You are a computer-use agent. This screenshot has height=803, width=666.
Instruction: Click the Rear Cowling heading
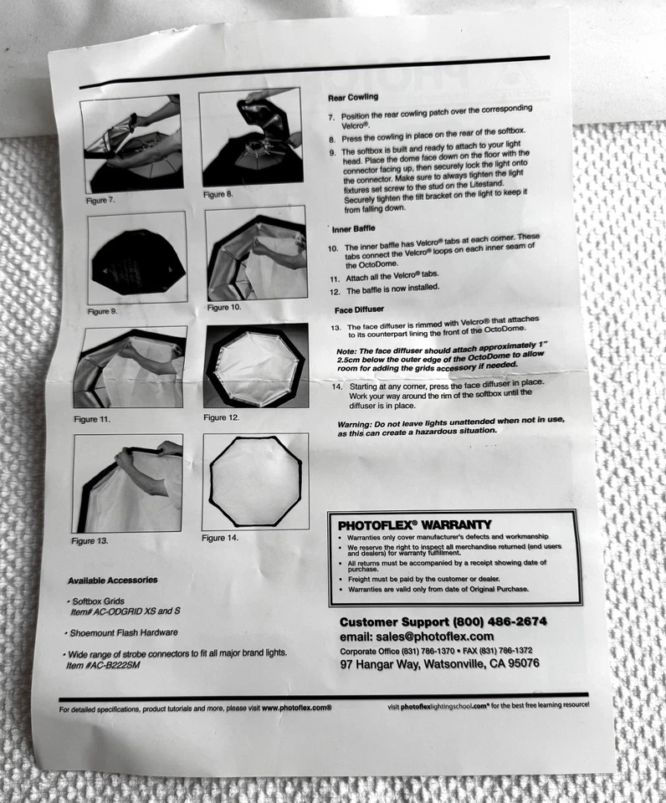click(352, 97)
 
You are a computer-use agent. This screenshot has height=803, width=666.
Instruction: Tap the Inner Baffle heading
click(355, 229)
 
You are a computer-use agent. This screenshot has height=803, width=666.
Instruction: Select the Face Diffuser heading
click(359, 309)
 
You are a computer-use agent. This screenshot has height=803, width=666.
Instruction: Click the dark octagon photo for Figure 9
click(136, 258)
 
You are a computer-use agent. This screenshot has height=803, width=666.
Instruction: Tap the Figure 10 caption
click(223, 308)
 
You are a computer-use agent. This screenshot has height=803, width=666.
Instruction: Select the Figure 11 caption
click(91, 418)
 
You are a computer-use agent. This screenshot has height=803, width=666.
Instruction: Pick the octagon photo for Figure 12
click(255, 365)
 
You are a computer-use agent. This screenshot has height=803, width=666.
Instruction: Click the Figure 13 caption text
click(90, 541)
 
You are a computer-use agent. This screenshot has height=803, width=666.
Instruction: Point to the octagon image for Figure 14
click(255, 482)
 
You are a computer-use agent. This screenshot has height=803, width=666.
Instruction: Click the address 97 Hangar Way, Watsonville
click(439, 663)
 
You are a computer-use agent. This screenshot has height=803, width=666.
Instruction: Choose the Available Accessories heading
click(112, 580)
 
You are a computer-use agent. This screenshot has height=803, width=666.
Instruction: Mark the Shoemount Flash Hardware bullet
click(124, 632)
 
